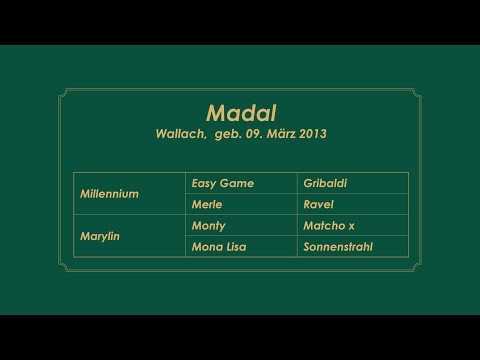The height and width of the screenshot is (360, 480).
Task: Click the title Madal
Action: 240,110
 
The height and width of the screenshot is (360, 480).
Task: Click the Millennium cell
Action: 109,193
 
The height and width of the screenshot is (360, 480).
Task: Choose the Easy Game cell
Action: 222,183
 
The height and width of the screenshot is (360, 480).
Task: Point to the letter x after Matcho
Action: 351,226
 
